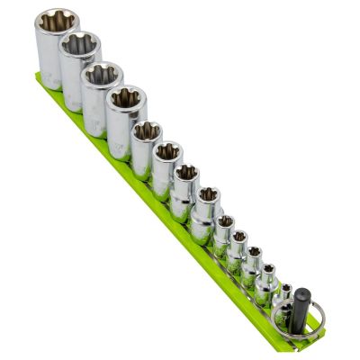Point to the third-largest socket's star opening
(103, 74)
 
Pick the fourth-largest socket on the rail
(126, 112)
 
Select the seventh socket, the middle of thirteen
(185, 184)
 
